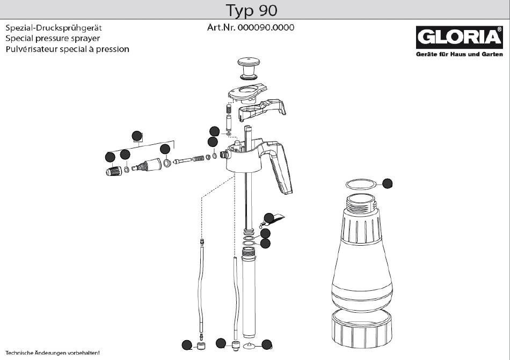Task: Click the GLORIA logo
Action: pyautogui.click(x=459, y=38)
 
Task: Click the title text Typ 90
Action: pyautogui.click(x=251, y=10)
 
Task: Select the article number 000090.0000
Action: pyautogui.click(x=266, y=27)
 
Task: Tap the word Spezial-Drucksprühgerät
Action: pyautogui.click(x=54, y=28)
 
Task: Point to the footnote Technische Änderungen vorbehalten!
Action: pyautogui.click(x=53, y=352)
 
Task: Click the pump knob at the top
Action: pyautogui.click(x=249, y=68)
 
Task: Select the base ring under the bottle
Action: pyautogui.click(x=362, y=328)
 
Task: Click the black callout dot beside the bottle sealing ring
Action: pyautogui.click(x=388, y=183)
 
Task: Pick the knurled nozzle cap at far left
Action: pyautogui.click(x=114, y=171)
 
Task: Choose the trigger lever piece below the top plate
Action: pyautogui.click(x=262, y=109)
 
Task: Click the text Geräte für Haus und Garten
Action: pyautogui.click(x=459, y=54)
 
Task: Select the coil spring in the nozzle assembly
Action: pyautogui.click(x=199, y=159)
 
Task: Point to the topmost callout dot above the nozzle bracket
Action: pyautogui.click(x=137, y=136)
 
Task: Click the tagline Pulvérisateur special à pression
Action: pyautogui.click(x=67, y=49)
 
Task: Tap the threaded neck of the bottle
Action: pyautogui.click(x=361, y=203)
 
